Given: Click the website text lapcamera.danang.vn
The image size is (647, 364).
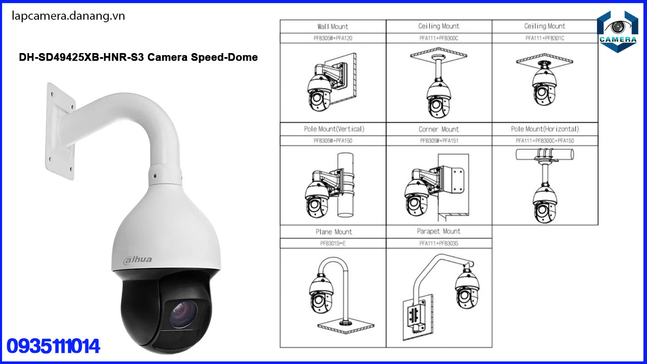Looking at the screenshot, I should tap(68, 16).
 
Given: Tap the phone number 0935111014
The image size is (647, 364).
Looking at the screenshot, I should tap(54, 346).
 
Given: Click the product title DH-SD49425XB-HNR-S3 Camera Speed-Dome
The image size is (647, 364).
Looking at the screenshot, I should tap(138, 57).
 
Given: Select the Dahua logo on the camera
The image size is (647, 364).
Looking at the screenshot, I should tap(137, 260).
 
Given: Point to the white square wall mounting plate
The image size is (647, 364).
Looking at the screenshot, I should tap(61, 131).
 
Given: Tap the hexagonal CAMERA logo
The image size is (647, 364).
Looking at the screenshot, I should tap(617, 31).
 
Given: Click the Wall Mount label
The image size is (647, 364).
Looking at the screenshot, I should tap(333, 26).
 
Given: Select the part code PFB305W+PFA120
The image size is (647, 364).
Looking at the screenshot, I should tap(333, 38).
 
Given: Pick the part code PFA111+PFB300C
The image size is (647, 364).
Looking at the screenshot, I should tap(439, 38).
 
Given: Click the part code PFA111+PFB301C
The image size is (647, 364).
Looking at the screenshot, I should tap(545, 38).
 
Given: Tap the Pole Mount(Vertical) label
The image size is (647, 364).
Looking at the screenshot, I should tap(334, 129).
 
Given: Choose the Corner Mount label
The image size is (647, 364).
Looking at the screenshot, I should tap(439, 129).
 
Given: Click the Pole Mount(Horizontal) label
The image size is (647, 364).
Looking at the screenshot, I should tap(545, 129).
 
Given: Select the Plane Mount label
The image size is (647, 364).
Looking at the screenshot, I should tap(333, 232).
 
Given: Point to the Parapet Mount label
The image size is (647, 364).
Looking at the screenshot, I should tap(439, 232).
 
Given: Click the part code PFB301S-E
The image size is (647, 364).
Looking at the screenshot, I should tap(333, 243).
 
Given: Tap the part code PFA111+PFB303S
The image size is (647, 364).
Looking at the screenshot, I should tap(439, 243).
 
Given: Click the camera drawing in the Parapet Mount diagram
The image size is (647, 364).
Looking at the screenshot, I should tap(467, 288).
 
